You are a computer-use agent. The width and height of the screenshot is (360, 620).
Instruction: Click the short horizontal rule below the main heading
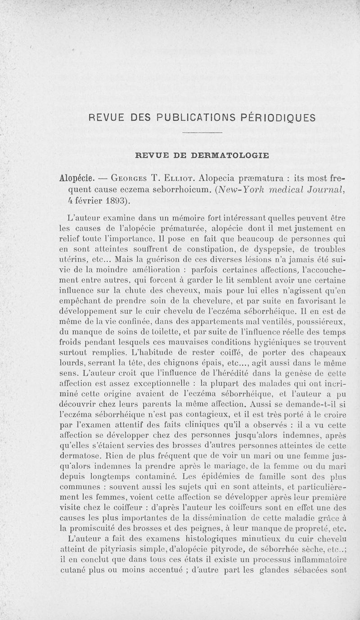pyautogui.click(x=203, y=133)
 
